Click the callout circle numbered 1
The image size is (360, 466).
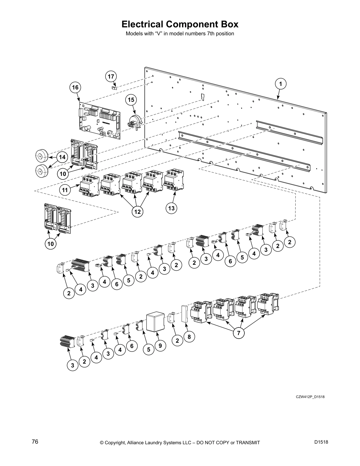[x=281, y=84]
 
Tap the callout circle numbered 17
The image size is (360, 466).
[x=111, y=76]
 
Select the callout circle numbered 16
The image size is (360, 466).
[x=75, y=87]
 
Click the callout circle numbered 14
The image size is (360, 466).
[x=62, y=157]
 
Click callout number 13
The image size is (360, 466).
[x=171, y=209]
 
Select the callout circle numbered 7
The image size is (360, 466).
[x=239, y=333]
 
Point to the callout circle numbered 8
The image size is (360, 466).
[x=189, y=337]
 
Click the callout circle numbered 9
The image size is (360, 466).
[x=160, y=346]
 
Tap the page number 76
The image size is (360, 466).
[x=35, y=442]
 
